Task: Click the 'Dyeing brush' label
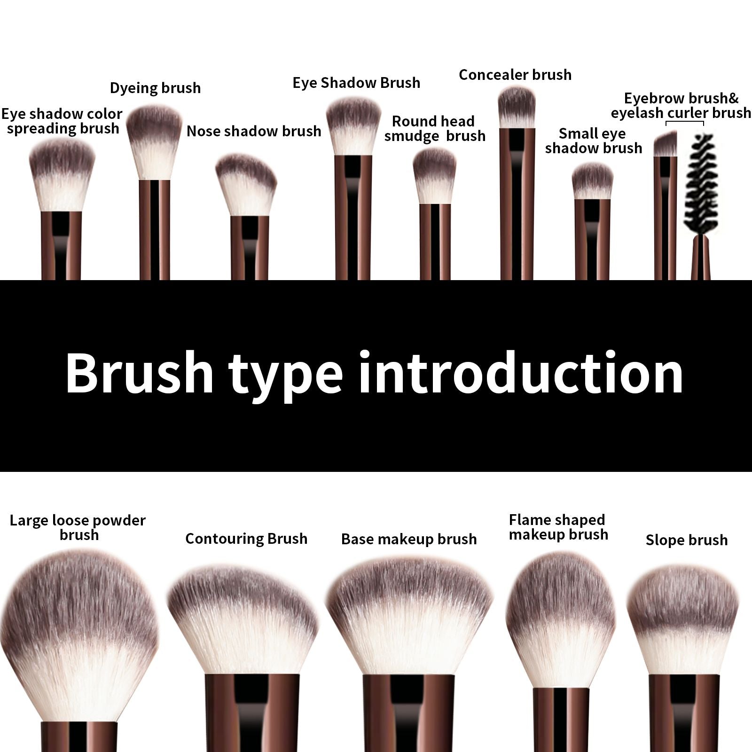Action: point(155,88)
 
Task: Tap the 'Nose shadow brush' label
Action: point(254,131)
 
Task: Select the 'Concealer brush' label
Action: point(515,75)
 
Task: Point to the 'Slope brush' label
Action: point(686,540)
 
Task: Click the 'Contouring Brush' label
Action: point(246,539)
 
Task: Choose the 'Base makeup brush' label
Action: point(409,539)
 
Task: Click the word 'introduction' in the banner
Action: point(521,374)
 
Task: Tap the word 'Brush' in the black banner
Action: point(140,374)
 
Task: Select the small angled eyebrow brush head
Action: point(666,144)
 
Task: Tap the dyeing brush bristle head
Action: point(154,141)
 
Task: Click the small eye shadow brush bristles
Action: point(592,181)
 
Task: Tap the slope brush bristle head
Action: point(684,620)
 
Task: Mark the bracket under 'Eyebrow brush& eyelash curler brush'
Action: point(685,123)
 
